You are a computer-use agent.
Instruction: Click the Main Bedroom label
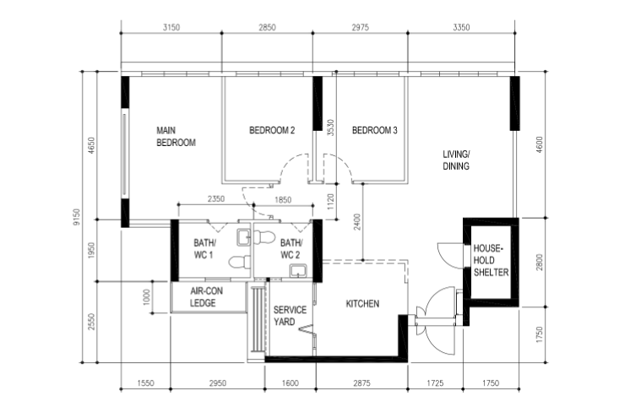coord(176,137)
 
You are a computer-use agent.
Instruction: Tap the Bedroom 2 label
coord(272,131)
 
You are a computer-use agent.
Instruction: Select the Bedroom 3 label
coord(374,131)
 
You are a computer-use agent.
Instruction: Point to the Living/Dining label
coord(456,160)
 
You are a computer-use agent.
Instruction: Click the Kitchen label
coord(362,304)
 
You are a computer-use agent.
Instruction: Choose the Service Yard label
coord(290,316)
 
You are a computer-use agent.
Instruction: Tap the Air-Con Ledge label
coord(206,297)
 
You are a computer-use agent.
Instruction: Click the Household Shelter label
coord(491,260)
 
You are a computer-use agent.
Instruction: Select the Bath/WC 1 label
coord(204,248)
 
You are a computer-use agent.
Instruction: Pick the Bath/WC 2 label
coord(291,248)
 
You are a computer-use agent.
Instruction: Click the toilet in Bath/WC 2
coord(264,237)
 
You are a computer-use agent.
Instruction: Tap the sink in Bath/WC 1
coord(244,237)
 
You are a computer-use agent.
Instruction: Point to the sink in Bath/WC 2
coord(298,271)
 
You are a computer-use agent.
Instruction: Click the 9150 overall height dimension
coord(76,217)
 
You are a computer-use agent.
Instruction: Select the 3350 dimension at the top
coord(461,27)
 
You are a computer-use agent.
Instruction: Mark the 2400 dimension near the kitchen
coord(357,222)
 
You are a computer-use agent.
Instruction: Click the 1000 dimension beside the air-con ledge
coord(146,297)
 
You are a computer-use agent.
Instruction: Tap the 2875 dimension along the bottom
coord(361,383)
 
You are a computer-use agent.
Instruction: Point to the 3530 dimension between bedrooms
coord(330,127)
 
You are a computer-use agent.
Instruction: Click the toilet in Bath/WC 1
coord(240,263)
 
